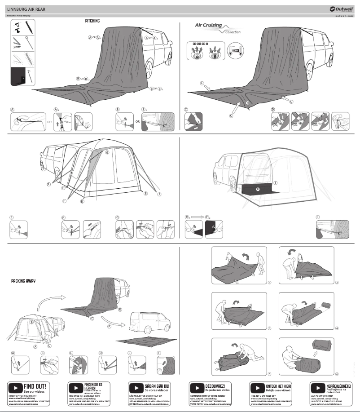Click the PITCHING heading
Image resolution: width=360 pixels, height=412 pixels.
tap(92, 21)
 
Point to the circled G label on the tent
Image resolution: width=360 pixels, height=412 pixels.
tap(107, 152)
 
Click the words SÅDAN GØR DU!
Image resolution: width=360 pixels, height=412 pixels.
tap(157, 386)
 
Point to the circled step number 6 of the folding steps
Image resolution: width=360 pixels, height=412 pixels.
tap(337, 374)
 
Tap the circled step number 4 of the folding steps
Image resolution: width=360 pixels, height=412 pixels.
tap(337, 328)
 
